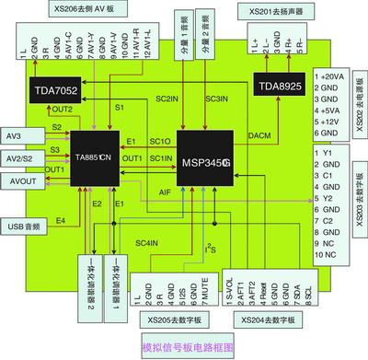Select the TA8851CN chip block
tap(96, 157)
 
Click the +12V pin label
tap(327, 121)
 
